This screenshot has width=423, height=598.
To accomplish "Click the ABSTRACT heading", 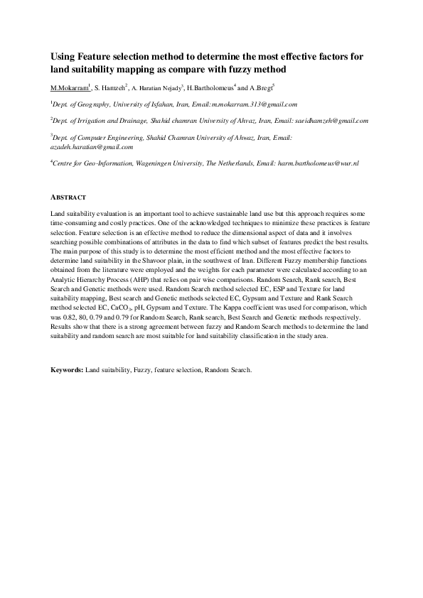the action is (68, 197).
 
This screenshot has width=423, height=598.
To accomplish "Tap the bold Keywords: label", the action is (67, 370).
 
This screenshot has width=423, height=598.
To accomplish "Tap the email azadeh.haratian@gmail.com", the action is (92, 147).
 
